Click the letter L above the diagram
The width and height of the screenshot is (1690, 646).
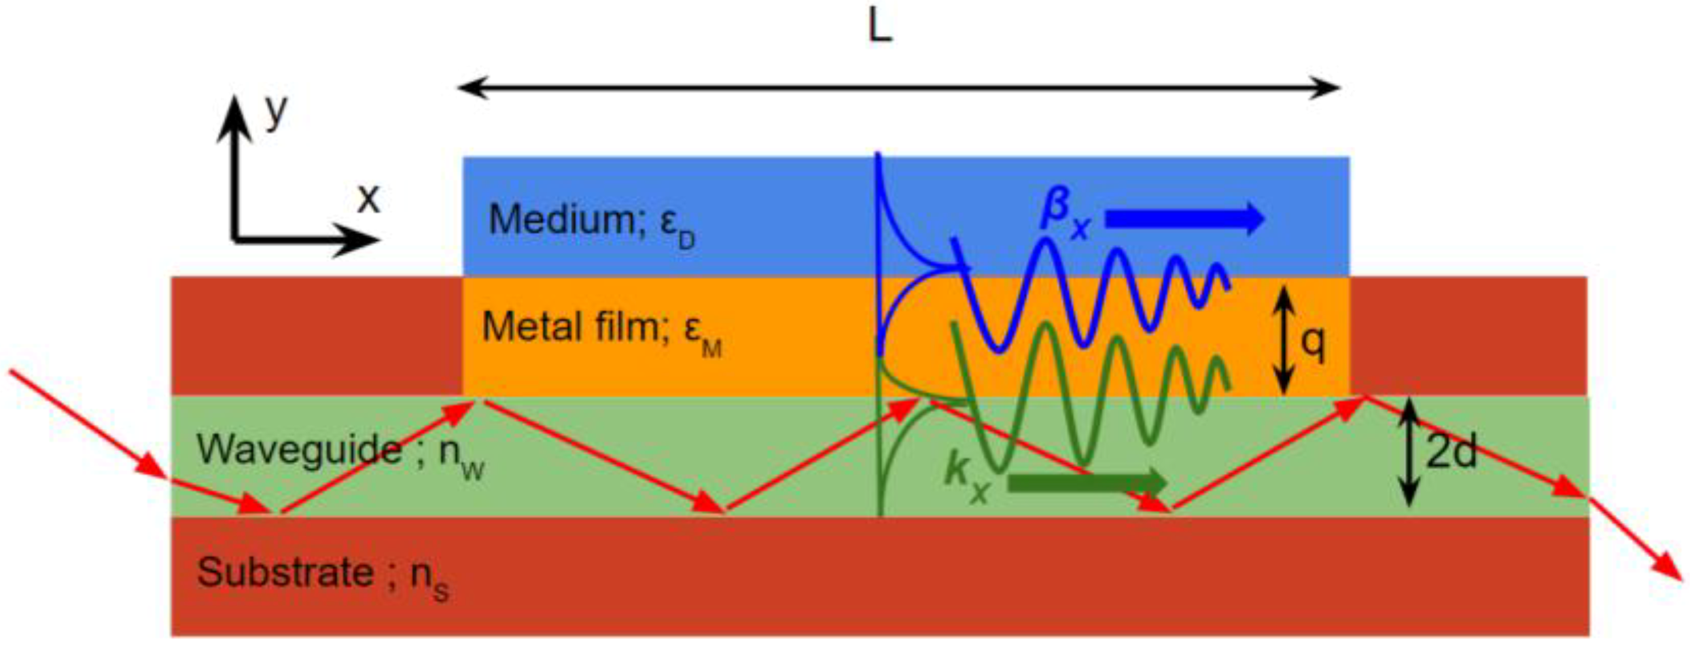880,29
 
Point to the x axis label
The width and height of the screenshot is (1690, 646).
368,199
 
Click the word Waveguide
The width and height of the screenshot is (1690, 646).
299,449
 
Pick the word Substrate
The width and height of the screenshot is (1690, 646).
285,572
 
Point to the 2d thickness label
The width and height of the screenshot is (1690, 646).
1451,451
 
